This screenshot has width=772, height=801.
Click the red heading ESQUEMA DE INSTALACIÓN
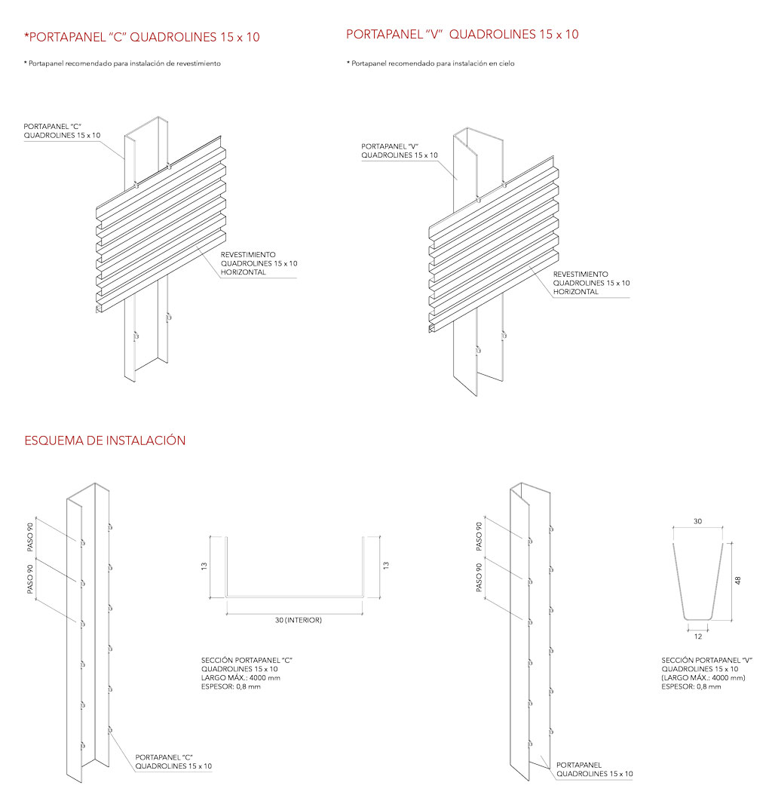[x=105, y=440]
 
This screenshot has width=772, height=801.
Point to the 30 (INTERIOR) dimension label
[x=296, y=620]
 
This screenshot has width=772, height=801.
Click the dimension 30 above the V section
[x=697, y=522]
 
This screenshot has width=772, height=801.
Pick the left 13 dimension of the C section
[x=204, y=566]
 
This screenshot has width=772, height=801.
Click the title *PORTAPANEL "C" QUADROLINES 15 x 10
[x=142, y=37]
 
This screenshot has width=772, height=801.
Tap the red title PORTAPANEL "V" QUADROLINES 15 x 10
[x=462, y=35]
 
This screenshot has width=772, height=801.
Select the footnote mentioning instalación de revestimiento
[x=122, y=64]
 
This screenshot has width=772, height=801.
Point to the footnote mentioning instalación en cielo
[x=430, y=64]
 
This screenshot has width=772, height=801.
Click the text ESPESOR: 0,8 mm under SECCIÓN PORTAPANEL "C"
[x=231, y=686]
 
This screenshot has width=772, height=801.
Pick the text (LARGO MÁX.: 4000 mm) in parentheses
[x=703, y=678]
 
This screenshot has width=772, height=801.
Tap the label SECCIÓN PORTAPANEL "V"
[x=707, y=661]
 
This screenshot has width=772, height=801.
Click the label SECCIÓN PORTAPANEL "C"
[x=247, y=661]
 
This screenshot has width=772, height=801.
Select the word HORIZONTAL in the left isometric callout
[x=244, y=272]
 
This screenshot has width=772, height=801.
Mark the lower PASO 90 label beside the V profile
[x=480, y=577]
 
